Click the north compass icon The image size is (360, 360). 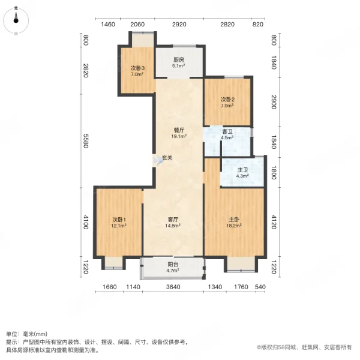click(x=16, y=20)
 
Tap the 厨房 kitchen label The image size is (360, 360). click(x=179, y=60)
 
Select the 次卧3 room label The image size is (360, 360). click(x=137, y=68)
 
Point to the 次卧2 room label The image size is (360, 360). click(x=227, y=100)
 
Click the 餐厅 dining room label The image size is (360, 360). click(x=179, y=130)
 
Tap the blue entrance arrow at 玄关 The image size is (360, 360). click(x=159, y=160)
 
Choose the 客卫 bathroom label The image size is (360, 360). click(x=227, y=131)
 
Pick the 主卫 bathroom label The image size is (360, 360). click(x=242, y=170)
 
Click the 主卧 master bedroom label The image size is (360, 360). click(x=234, y=220)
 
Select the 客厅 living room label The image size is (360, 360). click(x=173, y=220)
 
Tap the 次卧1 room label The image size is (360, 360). click(x=119, y=220)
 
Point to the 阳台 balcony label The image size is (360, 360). click(x=173, y=265)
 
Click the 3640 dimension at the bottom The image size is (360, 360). click(x=173, y=287)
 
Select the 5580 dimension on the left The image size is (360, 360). click(x=85, y=140)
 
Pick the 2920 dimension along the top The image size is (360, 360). click(x=179, y=25)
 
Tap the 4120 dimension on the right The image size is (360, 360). click(x=274, y=222)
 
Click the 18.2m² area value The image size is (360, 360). click(x=234, y=226)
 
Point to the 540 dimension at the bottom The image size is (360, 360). click(x=260, y=287)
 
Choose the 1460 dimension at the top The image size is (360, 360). click(x=108, y=25)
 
